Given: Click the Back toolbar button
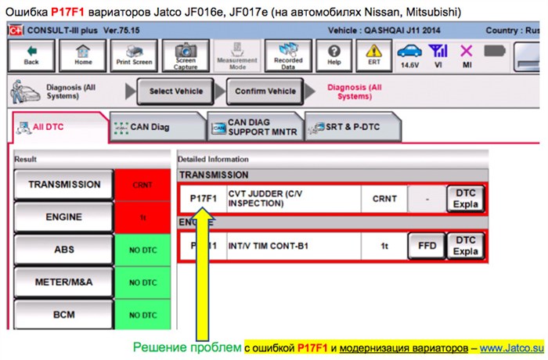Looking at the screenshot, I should click(31, 54).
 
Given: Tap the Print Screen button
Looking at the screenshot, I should click(134, 54).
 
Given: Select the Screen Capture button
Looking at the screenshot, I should click(186, 54).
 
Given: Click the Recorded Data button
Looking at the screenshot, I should click(288, 54).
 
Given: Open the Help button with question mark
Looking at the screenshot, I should click(334, 54).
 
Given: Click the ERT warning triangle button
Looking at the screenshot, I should click(374, 54).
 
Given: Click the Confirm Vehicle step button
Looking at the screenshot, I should click(265, 91).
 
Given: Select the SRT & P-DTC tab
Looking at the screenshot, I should click(352, 127).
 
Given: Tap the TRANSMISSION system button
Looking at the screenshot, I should click(64, 185).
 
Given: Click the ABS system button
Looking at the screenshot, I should click(64, 249).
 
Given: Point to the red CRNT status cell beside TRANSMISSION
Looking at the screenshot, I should click(142, 185).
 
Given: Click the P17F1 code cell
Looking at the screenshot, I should click(203, 199).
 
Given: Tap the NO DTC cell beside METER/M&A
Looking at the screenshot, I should click(142, 281).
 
